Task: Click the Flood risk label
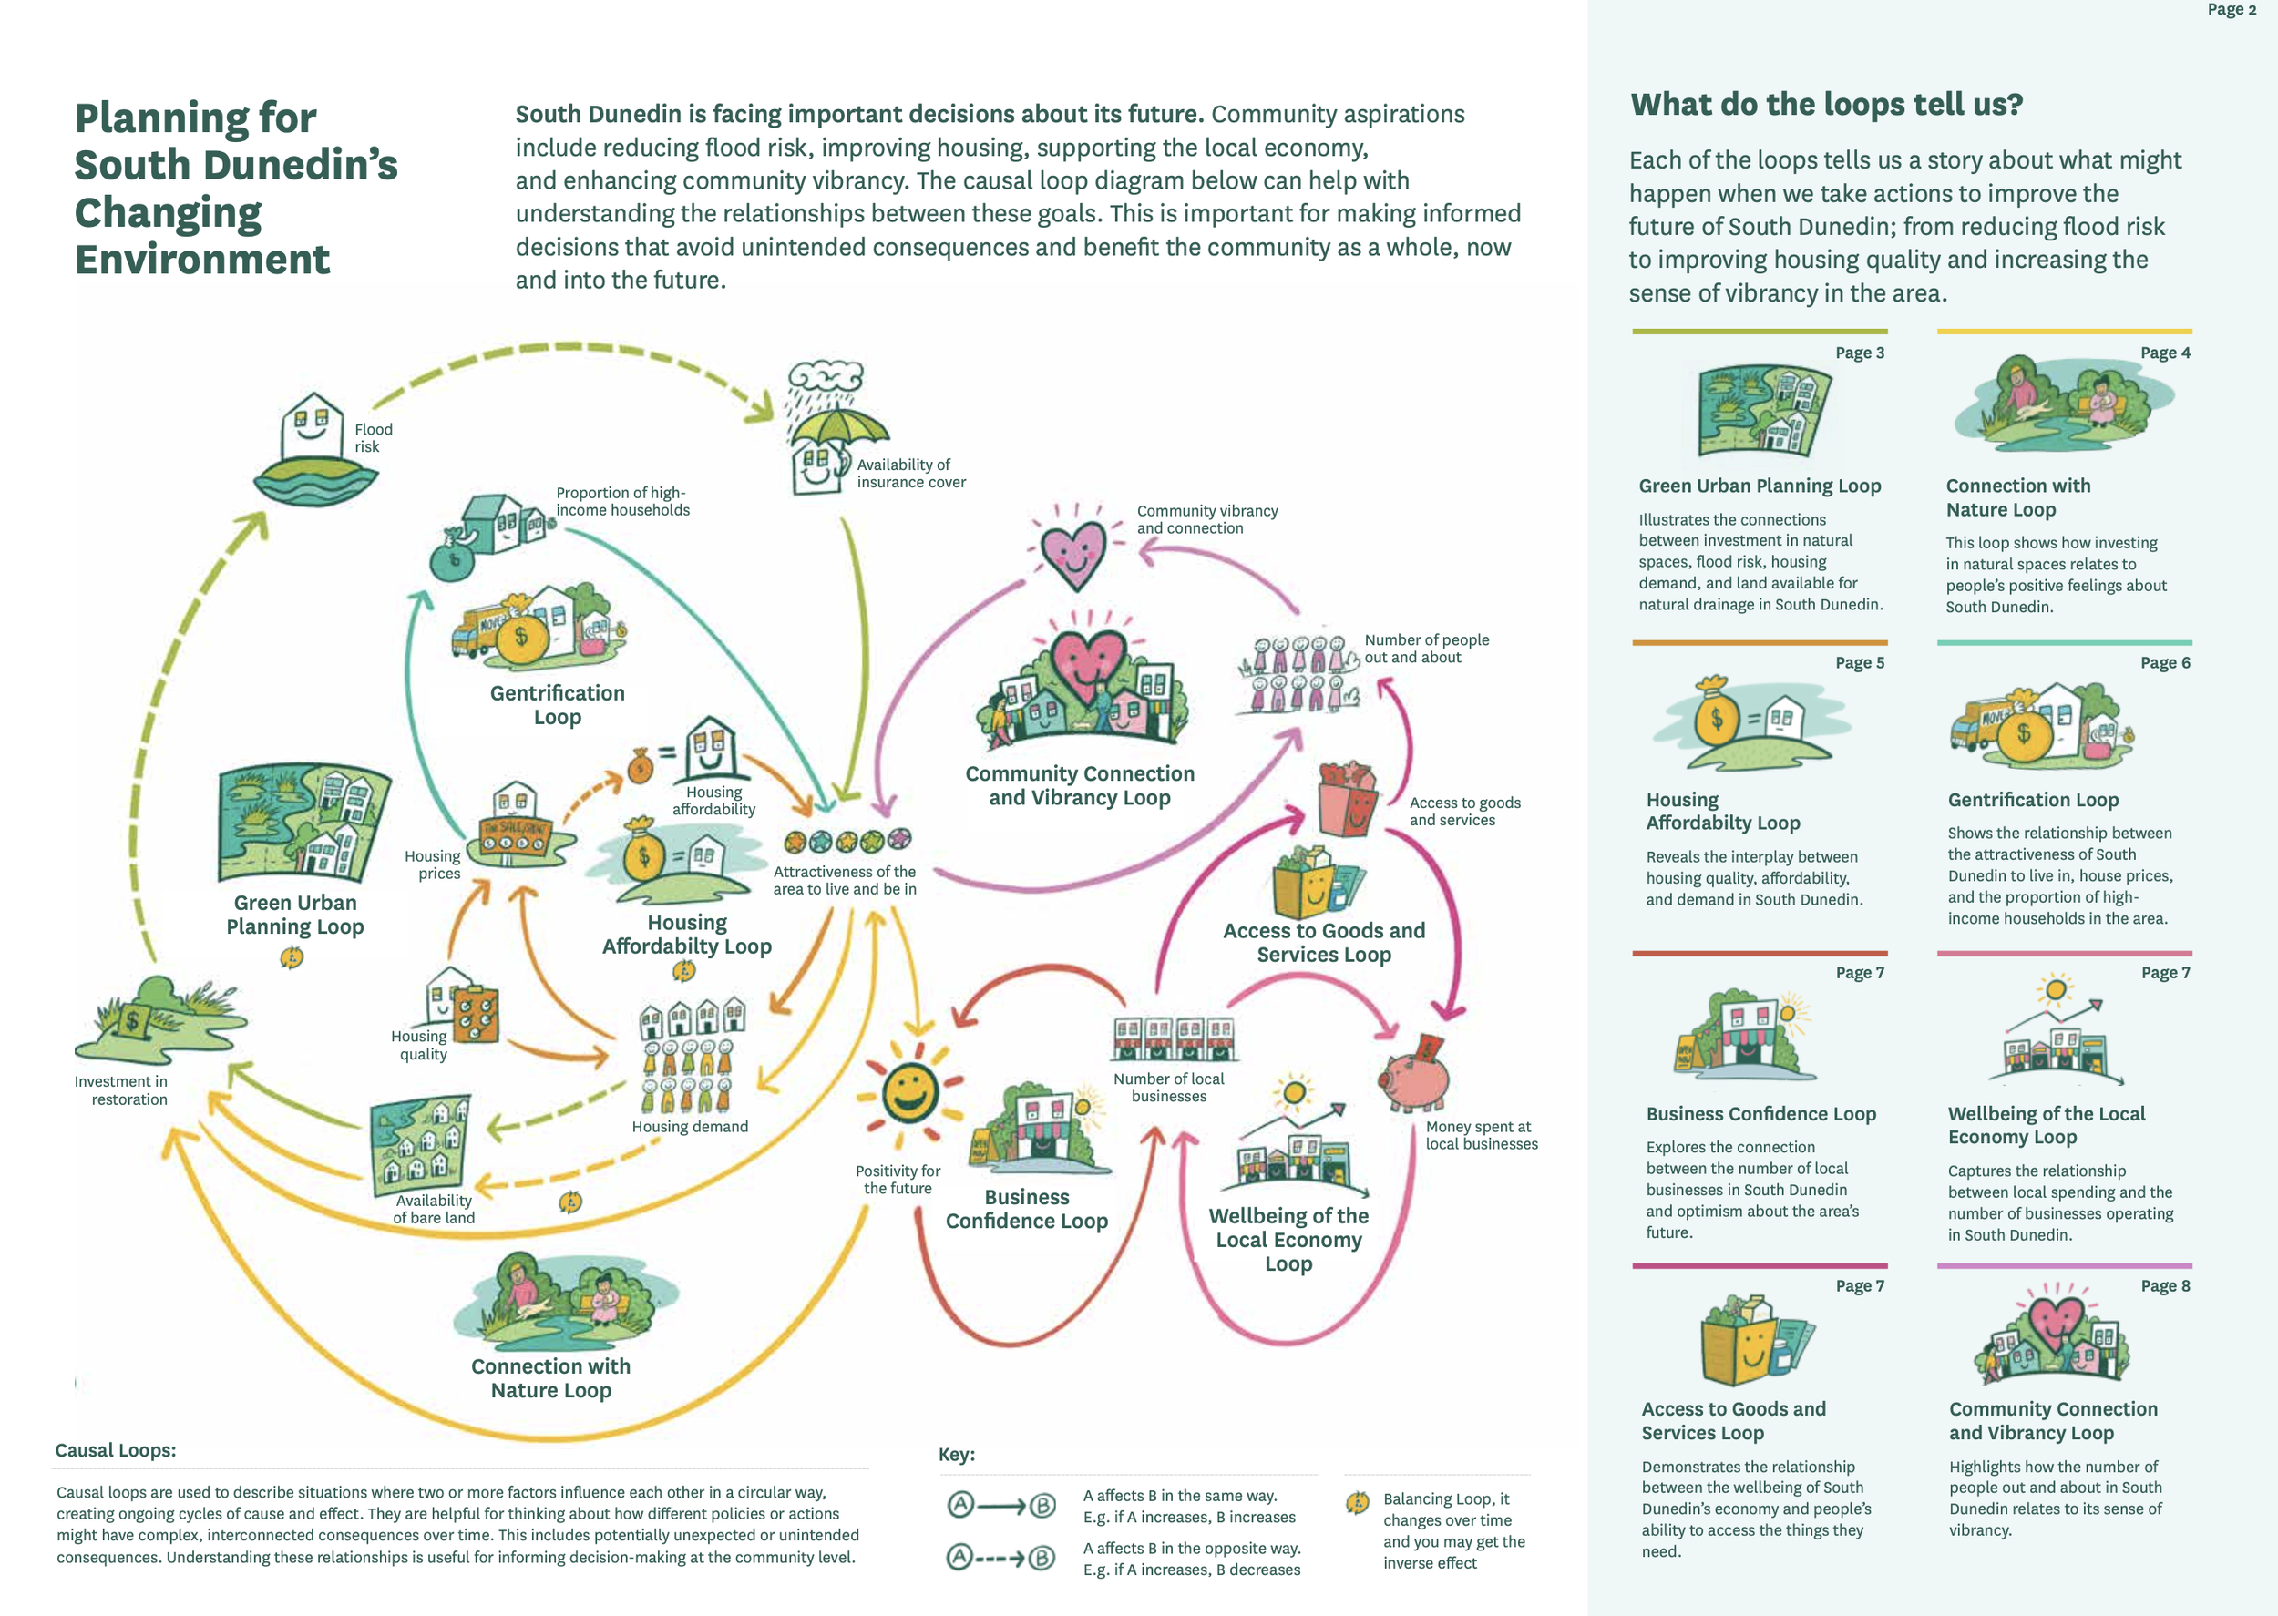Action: point(374,438)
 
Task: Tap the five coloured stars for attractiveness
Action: point(847,842)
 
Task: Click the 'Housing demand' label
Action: point(690,1127)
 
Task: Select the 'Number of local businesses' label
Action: point(1168,1087)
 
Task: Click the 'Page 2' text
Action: point(2232,10)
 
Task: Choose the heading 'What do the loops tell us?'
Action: point(1826,105)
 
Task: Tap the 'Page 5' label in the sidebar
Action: point(1859,663)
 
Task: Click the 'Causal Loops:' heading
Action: point(116,1450)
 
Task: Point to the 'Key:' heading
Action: point(957,1455)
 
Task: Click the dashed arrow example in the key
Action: point(1000,1558)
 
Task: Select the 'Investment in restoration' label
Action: point(121,1090)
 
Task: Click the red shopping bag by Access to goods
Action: point(1347,799)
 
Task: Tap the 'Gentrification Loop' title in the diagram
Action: point(558,704)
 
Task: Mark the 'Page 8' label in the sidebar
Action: point(2164,1285)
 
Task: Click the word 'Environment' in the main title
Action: point(202,260)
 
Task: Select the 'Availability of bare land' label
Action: point(434,1209)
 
